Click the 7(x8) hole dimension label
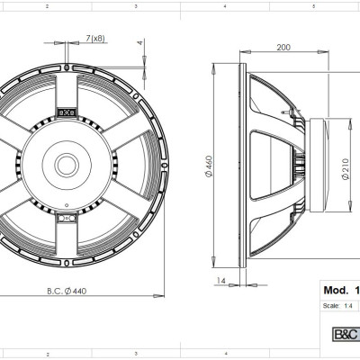click(94, 37)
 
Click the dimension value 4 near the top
click(139, 42)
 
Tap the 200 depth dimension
click(284, 46)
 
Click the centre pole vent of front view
click(67, 165)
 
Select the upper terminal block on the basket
click(66, 113)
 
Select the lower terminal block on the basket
click(66, 216)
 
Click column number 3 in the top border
click(135, 5)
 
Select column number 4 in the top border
click(224, 5)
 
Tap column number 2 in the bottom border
click(47, 355)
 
